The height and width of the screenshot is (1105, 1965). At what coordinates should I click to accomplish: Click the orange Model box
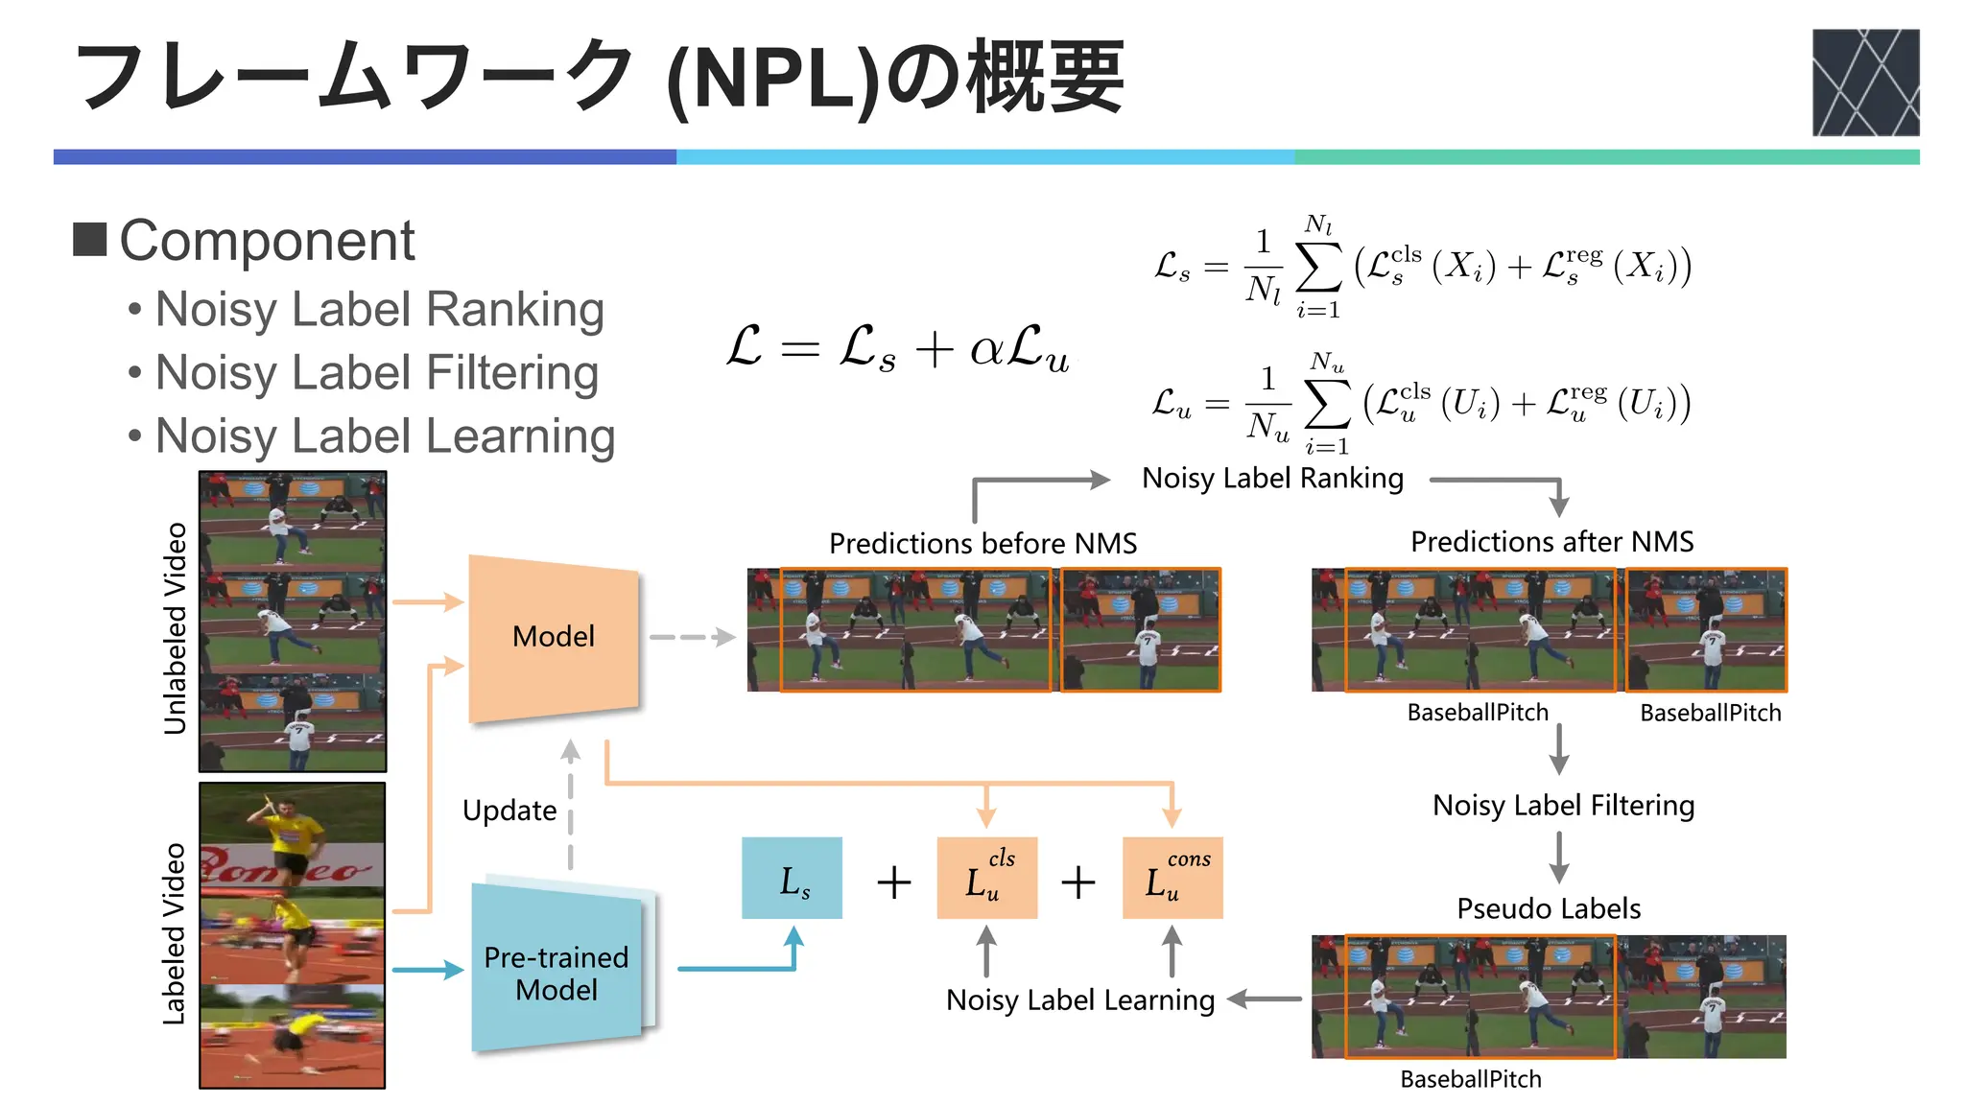click(553, 637)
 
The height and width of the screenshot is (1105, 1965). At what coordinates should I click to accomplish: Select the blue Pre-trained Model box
click(556, 971)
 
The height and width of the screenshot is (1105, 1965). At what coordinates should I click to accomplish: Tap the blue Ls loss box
click(793, 879)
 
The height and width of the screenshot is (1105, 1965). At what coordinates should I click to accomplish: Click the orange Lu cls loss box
click(986, 879)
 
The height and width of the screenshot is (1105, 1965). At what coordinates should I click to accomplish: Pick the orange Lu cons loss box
click(1172, 879)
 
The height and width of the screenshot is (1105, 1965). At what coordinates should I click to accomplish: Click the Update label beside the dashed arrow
click(509, 811)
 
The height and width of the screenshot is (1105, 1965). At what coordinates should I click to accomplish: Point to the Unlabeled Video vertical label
click(175, 628)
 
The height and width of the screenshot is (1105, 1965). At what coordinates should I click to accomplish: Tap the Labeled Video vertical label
click(175, 933)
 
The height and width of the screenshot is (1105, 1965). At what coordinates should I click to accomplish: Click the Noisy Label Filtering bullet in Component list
click(377, 373)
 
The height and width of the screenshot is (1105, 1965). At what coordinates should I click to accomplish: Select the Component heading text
click(267, 241)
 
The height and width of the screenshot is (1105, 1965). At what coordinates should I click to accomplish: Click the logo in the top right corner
click(1864, 82)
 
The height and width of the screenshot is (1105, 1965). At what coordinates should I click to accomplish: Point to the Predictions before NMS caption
click(982, 544)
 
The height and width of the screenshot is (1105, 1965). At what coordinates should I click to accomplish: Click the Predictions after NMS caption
click(1551, 542)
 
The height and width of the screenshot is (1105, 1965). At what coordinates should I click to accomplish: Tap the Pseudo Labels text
click(1549, 908)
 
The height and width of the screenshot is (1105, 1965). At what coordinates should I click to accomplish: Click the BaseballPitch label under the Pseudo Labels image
click(1470, 1079)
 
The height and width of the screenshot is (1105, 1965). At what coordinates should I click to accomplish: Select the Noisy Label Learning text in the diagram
click(1080, 1000)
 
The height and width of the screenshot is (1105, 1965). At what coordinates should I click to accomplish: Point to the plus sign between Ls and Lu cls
click(893, 882)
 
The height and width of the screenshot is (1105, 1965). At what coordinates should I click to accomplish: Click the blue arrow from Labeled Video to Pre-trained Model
click(427, 970)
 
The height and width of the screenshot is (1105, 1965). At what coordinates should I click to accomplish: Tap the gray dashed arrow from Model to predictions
click(691, 637)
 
